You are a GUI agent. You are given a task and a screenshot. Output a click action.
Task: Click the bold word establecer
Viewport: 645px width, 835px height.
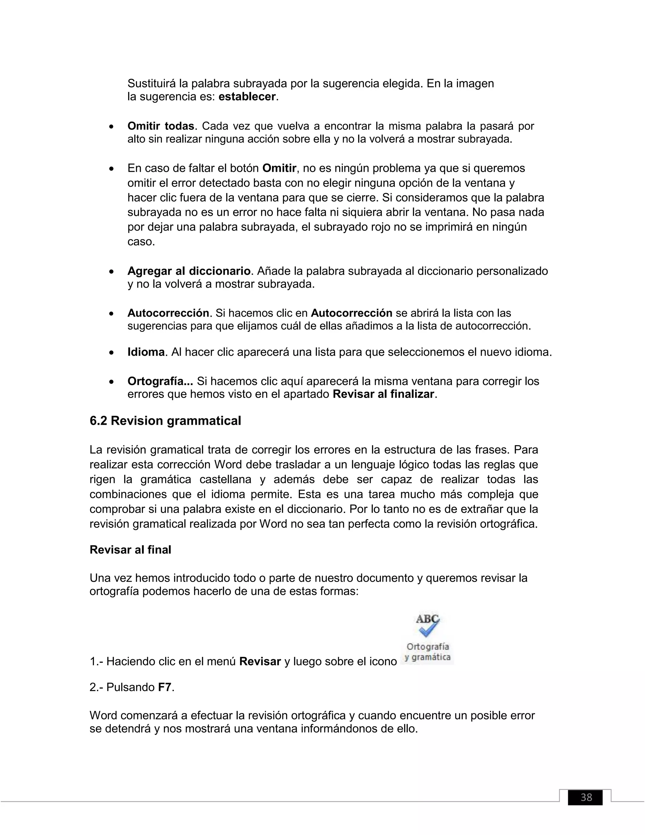(247, 97)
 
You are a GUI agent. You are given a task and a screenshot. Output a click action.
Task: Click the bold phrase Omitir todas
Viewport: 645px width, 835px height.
(161, 126)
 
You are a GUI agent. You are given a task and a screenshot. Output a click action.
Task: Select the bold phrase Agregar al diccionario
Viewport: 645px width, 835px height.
(189, 271)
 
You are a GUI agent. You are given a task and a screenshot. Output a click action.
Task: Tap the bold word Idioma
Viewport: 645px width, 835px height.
(146, 352)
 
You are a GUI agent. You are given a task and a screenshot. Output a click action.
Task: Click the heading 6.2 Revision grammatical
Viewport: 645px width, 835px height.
(165, 421)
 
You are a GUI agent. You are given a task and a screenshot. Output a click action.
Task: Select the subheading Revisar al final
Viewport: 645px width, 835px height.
(130, 550)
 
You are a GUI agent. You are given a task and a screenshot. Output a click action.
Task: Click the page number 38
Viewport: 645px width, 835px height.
(586, 797)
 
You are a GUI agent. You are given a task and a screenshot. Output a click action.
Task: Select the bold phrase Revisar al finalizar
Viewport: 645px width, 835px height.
(384, 394)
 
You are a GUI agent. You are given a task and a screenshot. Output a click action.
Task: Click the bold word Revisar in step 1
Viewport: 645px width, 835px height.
(260, 661)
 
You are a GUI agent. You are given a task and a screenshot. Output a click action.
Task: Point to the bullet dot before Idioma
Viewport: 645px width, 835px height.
(111, 353)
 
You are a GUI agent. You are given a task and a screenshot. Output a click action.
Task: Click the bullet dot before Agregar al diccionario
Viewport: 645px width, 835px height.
(111, 272)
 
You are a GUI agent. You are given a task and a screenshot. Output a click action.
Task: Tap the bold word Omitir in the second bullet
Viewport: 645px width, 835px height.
(279, 168)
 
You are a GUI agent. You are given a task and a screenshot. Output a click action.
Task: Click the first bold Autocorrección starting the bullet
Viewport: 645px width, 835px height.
(168, 313)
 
